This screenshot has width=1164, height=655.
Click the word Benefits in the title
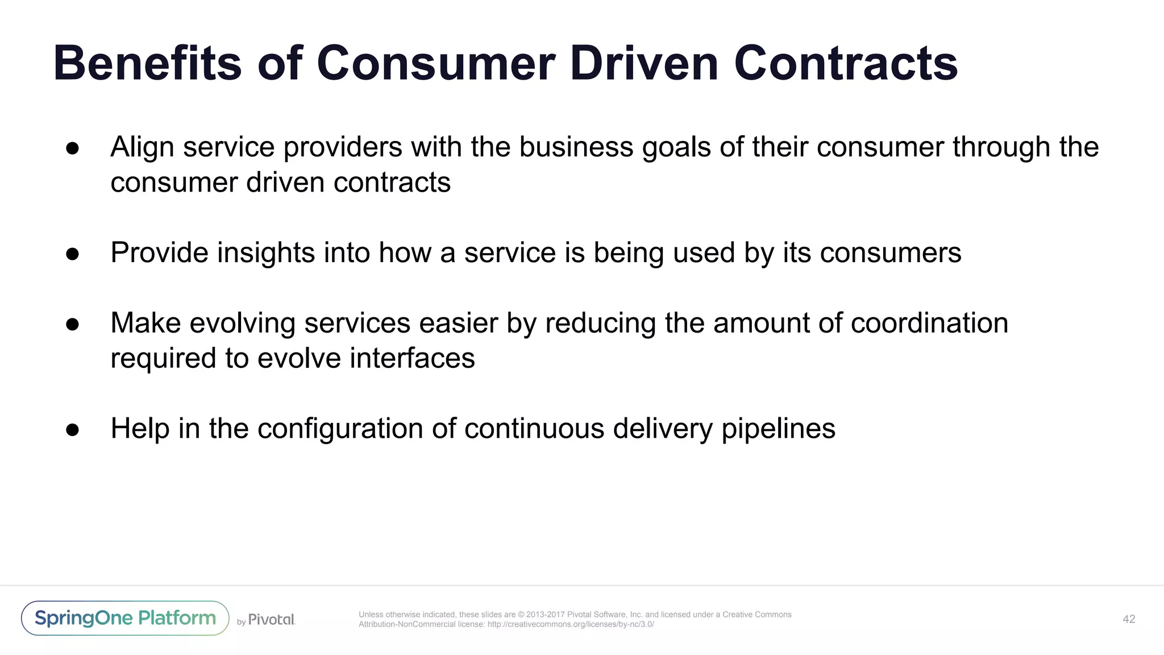(148, 63)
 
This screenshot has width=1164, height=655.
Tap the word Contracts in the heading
(846, 63)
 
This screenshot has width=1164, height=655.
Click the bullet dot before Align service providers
(72, 148)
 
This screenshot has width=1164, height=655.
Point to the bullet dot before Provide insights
(72, 254)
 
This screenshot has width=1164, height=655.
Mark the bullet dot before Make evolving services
(72, 324)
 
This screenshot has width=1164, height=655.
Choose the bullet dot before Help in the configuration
(72, 430)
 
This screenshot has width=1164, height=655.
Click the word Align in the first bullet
(142, 147)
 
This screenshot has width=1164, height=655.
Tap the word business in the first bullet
(576, 147)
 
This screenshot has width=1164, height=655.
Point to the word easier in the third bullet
(458, 324)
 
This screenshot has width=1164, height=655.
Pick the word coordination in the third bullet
(929, 324)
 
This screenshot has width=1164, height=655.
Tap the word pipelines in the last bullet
(778, 429)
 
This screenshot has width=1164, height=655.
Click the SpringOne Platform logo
(125, 618)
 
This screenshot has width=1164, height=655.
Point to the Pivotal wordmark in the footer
(272, 619)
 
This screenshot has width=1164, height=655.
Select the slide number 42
(1129, 619)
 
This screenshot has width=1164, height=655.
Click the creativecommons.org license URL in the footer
(571, 624)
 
